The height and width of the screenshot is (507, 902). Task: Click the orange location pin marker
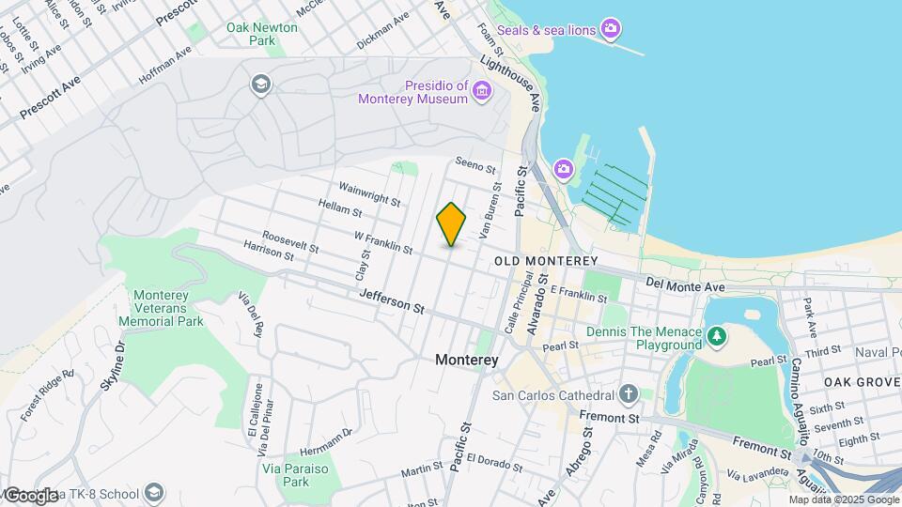pyautogui.click(x=451, y=224)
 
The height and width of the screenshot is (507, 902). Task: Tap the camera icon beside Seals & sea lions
pyautogui.click(x=611, y=29)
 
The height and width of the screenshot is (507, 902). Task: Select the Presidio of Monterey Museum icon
pyautogui.click(x=482, y=91)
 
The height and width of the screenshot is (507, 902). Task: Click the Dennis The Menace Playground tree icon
pyautogui.click(x=716, y=335)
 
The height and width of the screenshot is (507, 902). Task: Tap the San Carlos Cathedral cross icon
pyautogui.click(x=629, y=393)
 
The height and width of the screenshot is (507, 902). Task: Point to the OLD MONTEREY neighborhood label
pyautogui.click(x=545, y=260)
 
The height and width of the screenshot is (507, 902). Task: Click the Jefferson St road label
pyautogui.click(x=392, y=301)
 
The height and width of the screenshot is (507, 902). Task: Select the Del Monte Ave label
pyautogui.click(x=686, y=284)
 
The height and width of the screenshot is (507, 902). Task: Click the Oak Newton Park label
pyautogui.click(x=262, y=35)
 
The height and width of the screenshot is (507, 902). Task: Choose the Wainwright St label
pyautogui.click(x=370, y=195)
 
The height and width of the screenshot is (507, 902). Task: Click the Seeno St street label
pyautogui.click(x=474, y=166)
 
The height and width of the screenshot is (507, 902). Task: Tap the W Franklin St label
pyautogui.click(x=383, y=242)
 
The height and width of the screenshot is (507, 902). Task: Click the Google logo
pyautogui.click(x=32, y=495)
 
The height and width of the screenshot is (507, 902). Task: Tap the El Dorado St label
pyautogui.click(x=493, y=460)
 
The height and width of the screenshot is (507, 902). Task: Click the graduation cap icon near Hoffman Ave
pyautogui.click(x=259, y=85)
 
